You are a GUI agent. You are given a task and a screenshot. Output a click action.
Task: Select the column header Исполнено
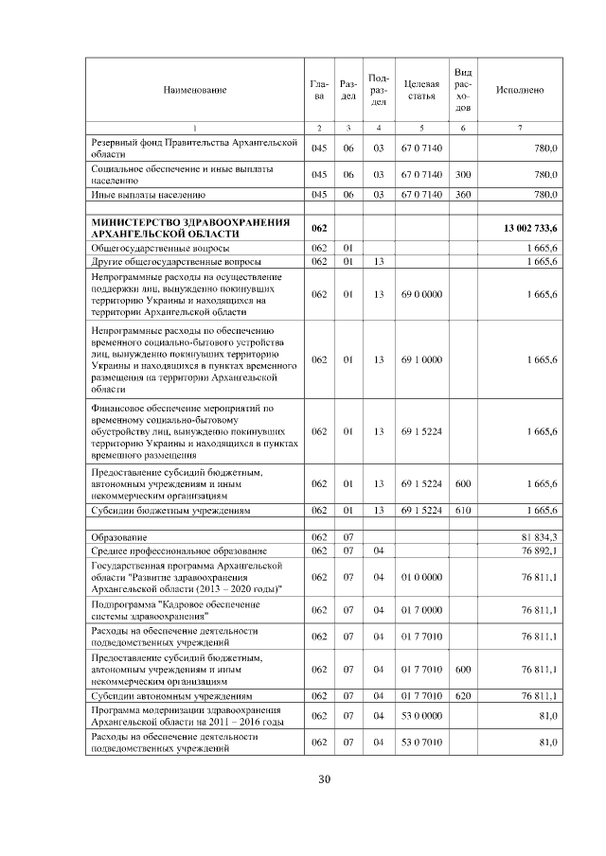pyautogui.click(x=520, y=90)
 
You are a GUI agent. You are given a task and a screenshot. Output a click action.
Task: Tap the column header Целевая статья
pyautogui.click(x=420, y=90)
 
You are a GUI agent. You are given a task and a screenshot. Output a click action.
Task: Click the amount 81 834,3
pyautogui.click(x=539, y=537)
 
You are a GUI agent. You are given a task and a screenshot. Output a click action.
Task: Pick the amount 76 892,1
pyautogui.click(x=539, y=550)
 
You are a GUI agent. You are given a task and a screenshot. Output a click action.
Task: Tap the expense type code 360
pyautogui.click(x=463, y=195)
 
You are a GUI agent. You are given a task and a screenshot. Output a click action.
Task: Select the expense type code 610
pyautogui.click(x=463, y=510)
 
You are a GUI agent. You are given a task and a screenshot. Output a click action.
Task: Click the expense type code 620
pyautogui.click(x=463, y=696)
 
